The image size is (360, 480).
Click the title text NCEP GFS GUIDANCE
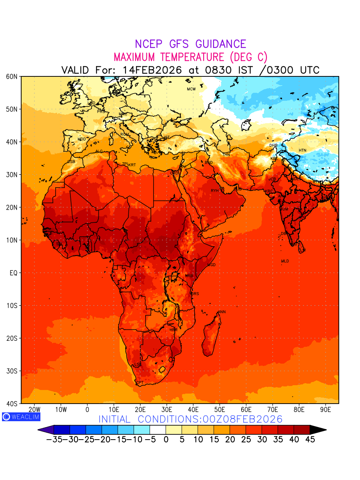pyautogui.click(x=190, y=44)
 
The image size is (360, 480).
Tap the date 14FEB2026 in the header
pyautogui.click(x=152, y=70)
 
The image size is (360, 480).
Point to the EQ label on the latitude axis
pyautogui.click(x=13, y=273)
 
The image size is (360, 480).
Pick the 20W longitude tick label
pyautogui.click(x=34, y=410)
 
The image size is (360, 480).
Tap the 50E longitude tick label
pyautogui.click(x=220, y=410)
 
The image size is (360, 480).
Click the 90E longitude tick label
pyautogui.click(x=326, y=410)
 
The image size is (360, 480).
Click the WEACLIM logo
pyautogui.click(x=21, y=417)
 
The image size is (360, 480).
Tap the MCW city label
pyautogui.click(x=191, y=89)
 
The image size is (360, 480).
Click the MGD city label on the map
pyautogui.click(x=211, y=265)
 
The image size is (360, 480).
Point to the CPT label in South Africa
pyautogui.click(x=140, y=383)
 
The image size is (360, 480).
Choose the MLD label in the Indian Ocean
pyautogui.click(x=285, y=261)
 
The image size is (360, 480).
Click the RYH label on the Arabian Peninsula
pyautogui.click(x=215, y=191)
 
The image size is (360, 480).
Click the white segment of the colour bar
pyautogui.click(x=158, y=430)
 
